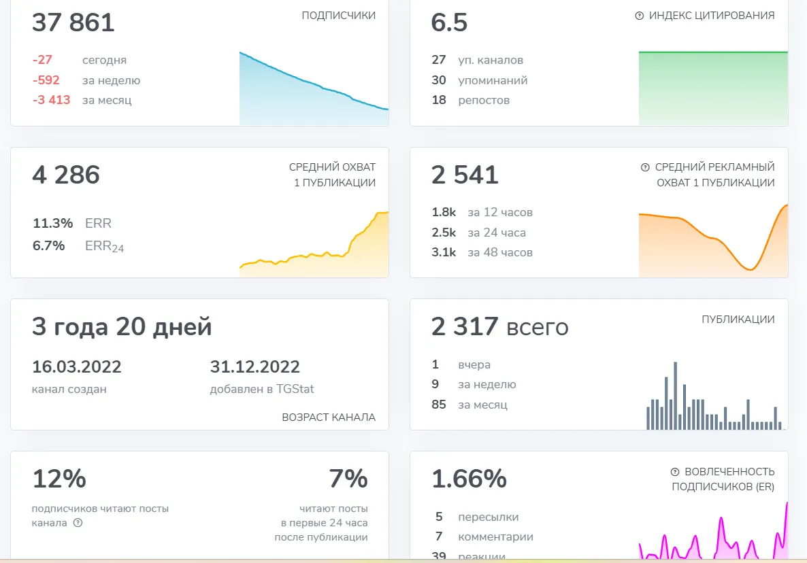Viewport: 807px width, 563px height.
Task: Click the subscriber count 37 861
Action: point(73,22)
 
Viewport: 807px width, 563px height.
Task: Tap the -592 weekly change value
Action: point(46,80)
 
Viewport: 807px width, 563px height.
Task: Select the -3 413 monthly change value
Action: point(51,100)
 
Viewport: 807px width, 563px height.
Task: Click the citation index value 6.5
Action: point(449,22)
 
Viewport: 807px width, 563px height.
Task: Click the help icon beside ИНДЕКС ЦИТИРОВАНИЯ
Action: point(639,16)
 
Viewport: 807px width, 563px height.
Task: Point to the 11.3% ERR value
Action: point(52,223)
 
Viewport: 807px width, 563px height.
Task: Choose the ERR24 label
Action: point(105,246)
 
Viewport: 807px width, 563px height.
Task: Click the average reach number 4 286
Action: point(66,175)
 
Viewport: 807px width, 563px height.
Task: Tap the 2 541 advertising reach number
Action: point(465,175)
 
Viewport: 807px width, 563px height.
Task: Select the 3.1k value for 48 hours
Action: point(444,252)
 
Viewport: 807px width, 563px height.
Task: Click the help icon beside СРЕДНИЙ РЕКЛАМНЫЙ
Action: point(645,167)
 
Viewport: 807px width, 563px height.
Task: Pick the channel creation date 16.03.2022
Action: point(77,366)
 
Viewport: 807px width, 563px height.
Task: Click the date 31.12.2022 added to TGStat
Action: point(254,366)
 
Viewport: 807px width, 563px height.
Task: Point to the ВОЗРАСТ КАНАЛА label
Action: point(329,417)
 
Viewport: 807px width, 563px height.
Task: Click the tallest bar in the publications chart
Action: point(675,395)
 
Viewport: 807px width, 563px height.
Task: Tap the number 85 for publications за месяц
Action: point(438,405)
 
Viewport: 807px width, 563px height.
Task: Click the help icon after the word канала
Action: point(78,523)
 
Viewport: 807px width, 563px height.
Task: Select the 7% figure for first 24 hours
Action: point(348,479)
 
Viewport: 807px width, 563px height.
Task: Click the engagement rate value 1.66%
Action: point(469,479)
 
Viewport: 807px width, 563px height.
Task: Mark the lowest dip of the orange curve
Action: point(751,269)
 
